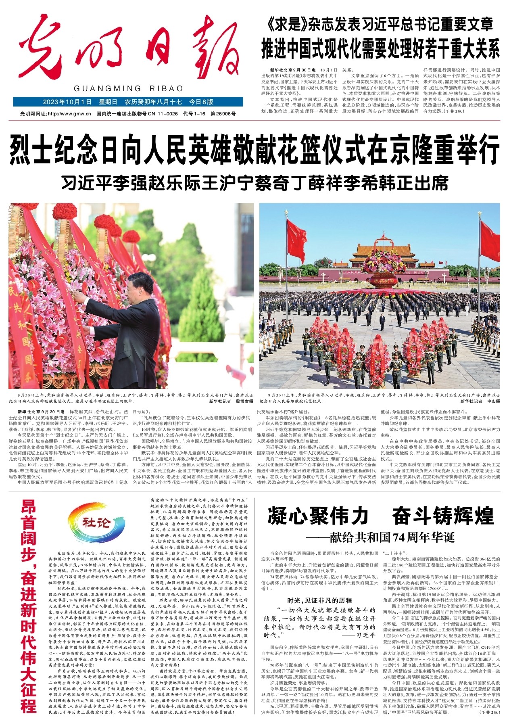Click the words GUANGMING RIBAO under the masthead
point(128,89)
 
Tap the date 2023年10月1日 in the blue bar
point(67,102)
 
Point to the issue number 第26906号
point(223,114)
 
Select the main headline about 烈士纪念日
point(254,149)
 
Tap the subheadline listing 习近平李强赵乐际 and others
point(254,183)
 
